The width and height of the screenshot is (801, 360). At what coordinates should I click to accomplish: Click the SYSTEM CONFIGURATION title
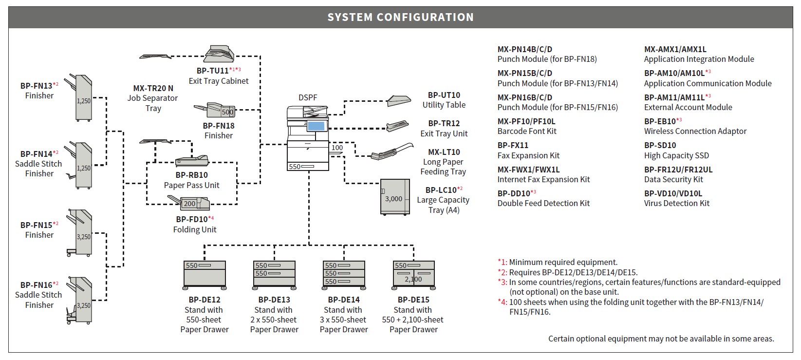tap(400, 17)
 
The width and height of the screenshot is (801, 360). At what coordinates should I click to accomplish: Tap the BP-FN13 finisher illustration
tap(79, 98)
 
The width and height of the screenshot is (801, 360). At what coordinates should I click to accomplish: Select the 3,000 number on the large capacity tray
tap(393, 199)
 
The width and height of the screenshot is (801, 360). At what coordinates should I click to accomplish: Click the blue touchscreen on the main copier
tap(316, 126)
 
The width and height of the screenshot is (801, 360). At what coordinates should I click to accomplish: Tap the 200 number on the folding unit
tap(189, 204)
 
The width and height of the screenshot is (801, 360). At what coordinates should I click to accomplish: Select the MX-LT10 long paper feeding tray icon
tap(391, 152)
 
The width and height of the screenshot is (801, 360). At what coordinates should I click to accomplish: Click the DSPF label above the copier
tap(308, 97)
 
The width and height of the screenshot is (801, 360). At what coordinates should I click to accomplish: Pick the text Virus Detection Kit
tap(676, 203)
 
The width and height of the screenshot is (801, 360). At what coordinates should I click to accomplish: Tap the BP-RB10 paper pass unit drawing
tap(191, 161)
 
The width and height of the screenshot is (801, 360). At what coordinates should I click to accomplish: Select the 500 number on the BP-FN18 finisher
tap(227, 112)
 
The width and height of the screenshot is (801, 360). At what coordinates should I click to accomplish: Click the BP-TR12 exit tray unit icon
tap(397, 126)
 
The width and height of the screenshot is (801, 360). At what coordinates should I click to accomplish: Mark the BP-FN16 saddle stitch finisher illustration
tap(79, 300)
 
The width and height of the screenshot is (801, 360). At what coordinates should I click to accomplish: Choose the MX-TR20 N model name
tap(153, 88)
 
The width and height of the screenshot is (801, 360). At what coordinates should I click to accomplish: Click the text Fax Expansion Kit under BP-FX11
tap(528, 156)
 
